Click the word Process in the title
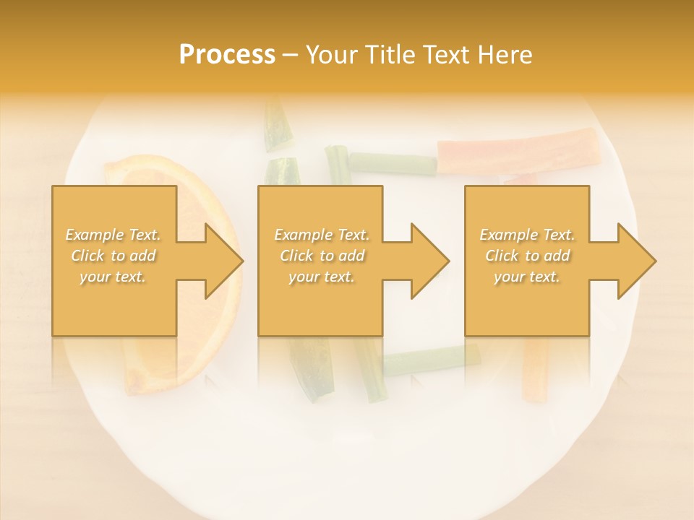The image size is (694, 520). (x=227, y=55)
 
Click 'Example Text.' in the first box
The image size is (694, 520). (x=113, y=235)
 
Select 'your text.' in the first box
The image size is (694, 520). (x=113, y=277)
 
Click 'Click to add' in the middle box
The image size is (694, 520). (x=322, y=256)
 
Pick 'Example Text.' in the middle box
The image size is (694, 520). (x=322, y=235)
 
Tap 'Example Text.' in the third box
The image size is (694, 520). (x=527, y=235)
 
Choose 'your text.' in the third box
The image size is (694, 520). (x=527, y=277)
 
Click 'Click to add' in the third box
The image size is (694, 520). (x=527, y=256)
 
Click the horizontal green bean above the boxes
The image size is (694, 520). (x=392, y=162)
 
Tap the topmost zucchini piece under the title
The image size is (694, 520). (x=276, y=124)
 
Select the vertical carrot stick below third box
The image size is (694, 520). (x=535, y=368)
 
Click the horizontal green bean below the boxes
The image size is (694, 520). (x=427, y=359)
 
